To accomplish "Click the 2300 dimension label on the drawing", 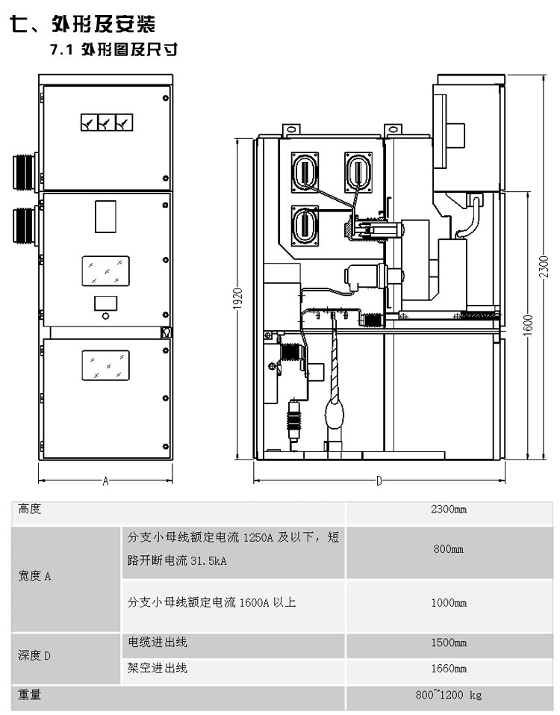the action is (x=544, y=267).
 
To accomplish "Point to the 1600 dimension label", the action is (x=528, y=325).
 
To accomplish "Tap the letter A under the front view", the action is (x=106, y=480).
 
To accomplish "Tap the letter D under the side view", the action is (x=379, y=480).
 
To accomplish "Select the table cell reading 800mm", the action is (x=448, y=549).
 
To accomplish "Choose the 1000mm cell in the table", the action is (x=449, y=603).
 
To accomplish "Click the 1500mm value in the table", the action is (x=449, y=643).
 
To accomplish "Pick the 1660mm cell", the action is (x=449, y=669).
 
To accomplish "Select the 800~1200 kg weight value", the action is (x=448, y=695).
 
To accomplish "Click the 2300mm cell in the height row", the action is (x=449, y=510).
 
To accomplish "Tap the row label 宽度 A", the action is (x=34, y=576).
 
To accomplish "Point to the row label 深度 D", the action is (x=34, y=656).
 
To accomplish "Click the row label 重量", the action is (x=30, y=695).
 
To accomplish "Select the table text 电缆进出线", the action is (x=158, y=643).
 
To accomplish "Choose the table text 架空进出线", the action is (x=158, y=669).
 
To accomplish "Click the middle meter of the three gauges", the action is (x=107, y=123).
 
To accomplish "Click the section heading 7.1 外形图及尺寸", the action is (x=114, y=49).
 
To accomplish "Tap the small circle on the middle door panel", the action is (x=106, y=315).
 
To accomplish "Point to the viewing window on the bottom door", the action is (x=106, y=365).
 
